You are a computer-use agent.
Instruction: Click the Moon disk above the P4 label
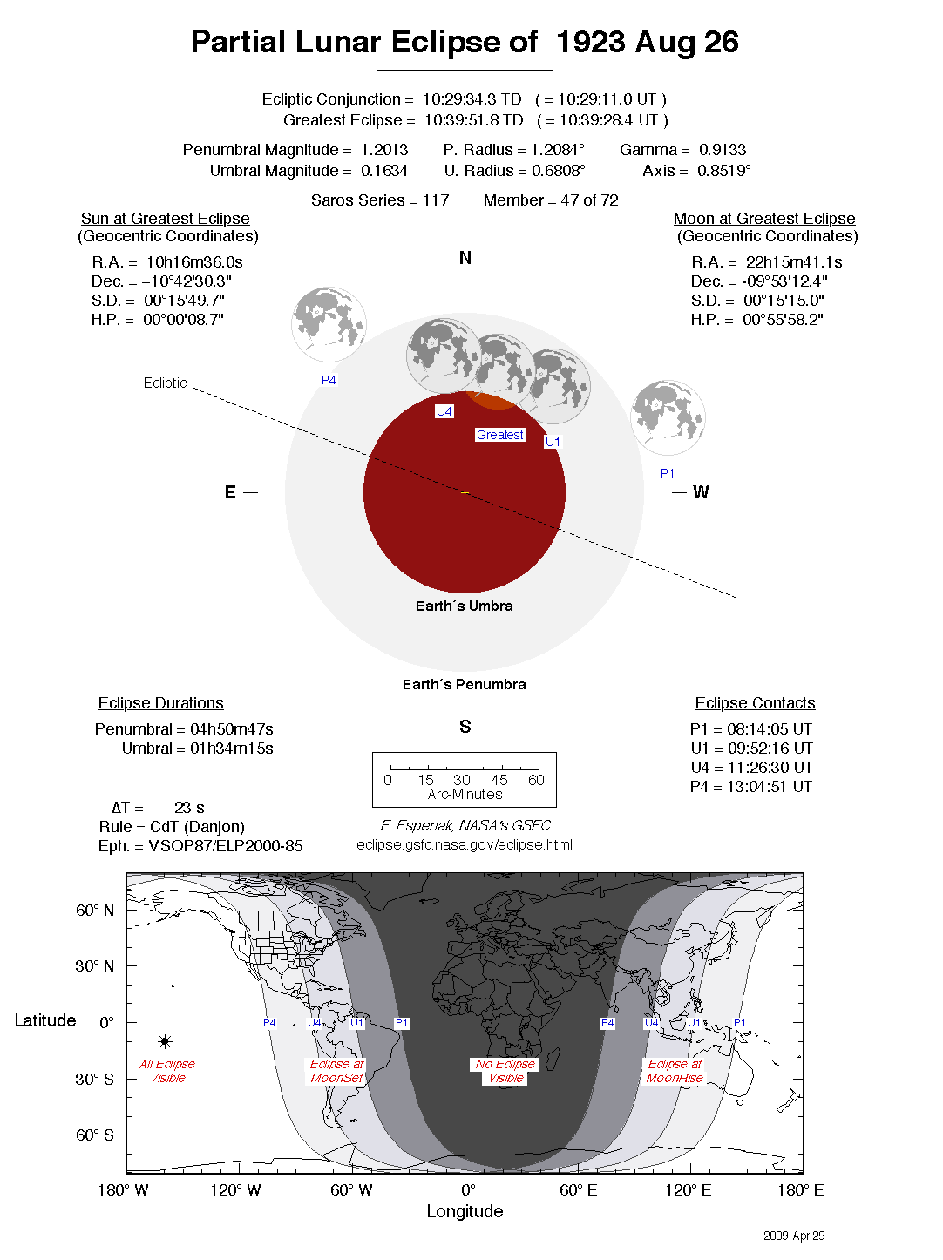coord(329,324)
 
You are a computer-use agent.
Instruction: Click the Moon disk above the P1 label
coord(668,417)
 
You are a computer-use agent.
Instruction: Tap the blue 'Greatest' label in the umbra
coord(500,435)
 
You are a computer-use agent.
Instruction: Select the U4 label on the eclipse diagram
coord(444,411)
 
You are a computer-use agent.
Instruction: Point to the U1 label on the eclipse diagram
coord(553,442)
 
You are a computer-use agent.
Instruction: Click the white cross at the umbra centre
coord(465,493)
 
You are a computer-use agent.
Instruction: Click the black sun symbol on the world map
coord(165,1041)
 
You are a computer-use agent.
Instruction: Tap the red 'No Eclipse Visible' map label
coord(505,1071)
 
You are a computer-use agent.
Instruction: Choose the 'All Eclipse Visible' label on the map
coord(167,1071)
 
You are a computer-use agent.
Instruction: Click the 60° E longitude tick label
coord(579,1190)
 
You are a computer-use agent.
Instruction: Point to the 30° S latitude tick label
coord(94,1079)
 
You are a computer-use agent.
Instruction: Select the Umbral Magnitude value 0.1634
coord(384,171)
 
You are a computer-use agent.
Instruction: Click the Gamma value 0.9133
coord(723,150)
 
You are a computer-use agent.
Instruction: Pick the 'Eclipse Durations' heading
coord(160,703)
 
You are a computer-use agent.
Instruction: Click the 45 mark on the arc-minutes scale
coord(499,780)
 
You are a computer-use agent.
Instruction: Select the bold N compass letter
coord(465,258)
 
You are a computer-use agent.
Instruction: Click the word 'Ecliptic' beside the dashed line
coord(165,383)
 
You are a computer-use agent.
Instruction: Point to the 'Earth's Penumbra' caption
coord(464,684)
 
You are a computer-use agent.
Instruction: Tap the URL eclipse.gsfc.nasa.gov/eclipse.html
coord(465,844)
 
